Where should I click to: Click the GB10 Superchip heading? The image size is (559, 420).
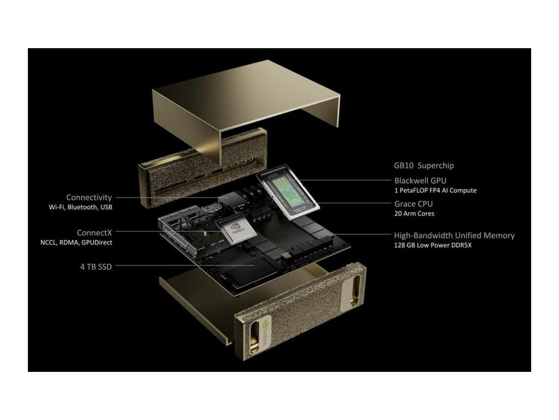[x=424, y=166]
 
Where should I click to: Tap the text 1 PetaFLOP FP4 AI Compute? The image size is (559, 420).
[x=435, y=190]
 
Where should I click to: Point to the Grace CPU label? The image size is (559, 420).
[x=413, y=204]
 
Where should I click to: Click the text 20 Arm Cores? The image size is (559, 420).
[x=414, y=213]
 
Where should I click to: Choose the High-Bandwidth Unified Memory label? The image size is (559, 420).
[x=454, y=236]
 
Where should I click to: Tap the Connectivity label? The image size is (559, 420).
[x=89, y=197]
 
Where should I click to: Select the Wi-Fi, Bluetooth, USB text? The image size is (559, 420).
[x=80, y=207]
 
